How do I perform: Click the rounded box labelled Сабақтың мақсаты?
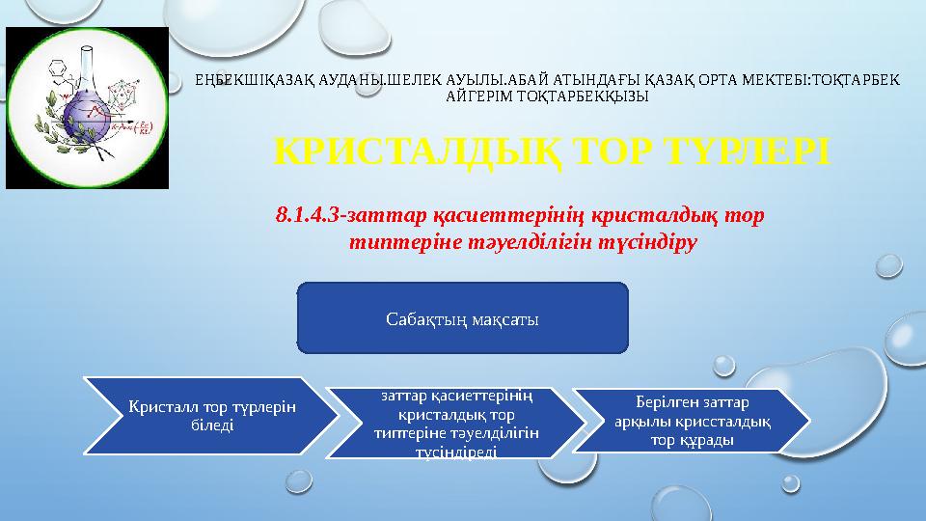tap(462, 317)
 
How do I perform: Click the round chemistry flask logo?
tap(88, 107)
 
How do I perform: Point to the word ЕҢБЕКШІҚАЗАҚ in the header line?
tap(235, 81)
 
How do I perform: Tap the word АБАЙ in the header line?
tap(517, 81)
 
